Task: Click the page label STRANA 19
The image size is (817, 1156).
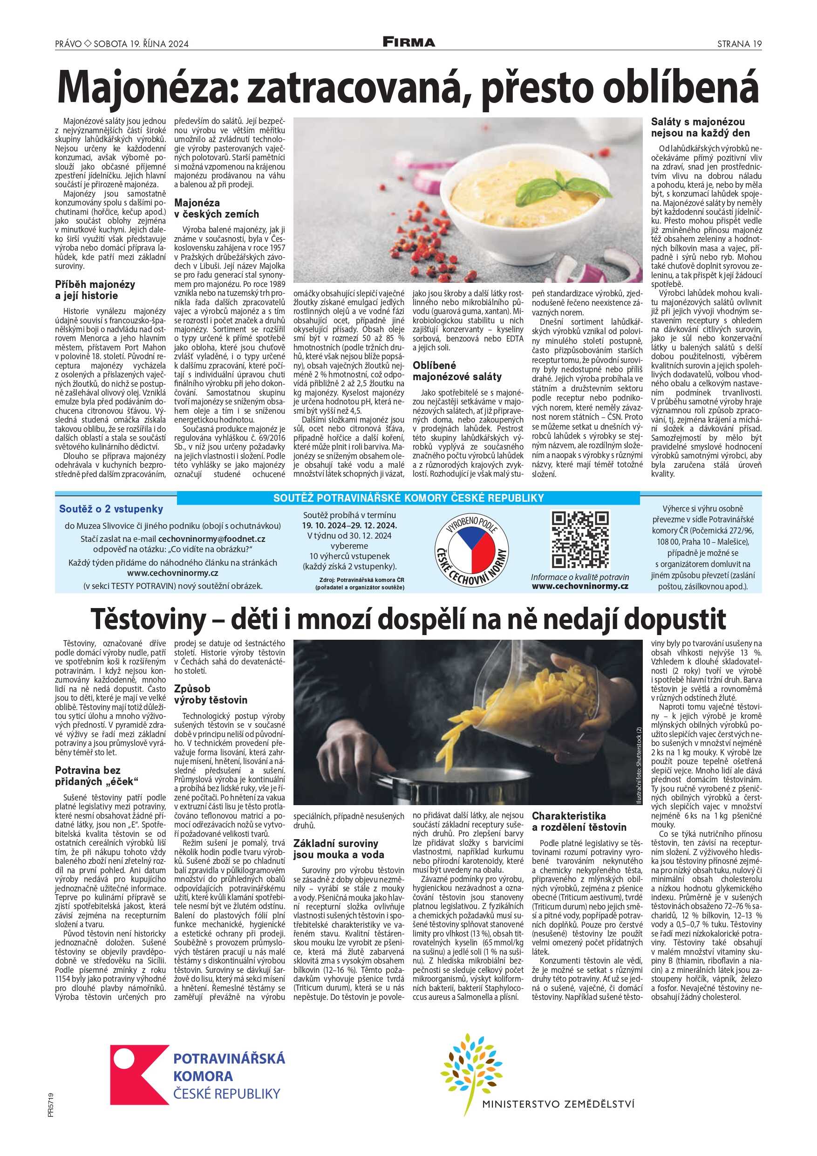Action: pos(739,44)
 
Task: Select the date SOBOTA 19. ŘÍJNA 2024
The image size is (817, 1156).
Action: pos(141,44)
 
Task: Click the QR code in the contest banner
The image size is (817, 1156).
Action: pos(580,540)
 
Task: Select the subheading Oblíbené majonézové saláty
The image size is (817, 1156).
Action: pos(457,371)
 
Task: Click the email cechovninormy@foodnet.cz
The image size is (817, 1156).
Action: pos(211,539)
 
